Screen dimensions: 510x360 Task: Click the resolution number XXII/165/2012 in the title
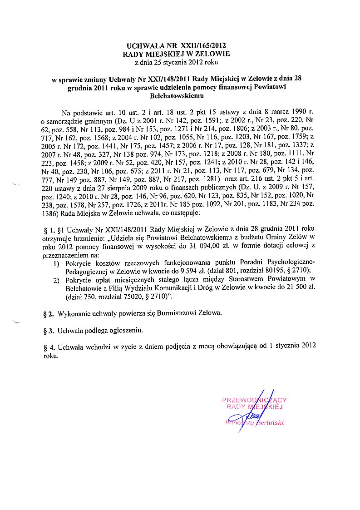click(x=203, y=46)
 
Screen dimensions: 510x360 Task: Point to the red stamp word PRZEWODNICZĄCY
click(x=254, y=400)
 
